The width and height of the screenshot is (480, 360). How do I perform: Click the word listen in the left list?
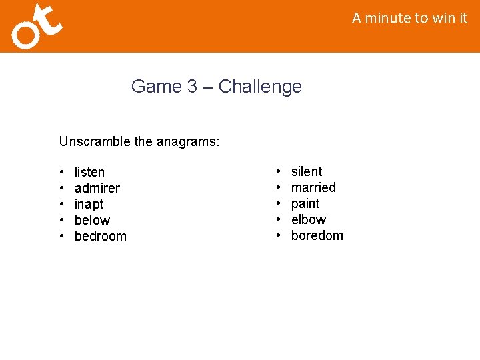tap(89, 172)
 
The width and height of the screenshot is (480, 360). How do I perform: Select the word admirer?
tap(97, 188)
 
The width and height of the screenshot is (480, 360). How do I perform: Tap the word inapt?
tap(89, 204)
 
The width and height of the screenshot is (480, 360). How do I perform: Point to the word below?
tap(92, 220)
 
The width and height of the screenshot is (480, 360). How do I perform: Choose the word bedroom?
tap(100, 236)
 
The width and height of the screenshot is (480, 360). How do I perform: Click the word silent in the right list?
tap(307, 171)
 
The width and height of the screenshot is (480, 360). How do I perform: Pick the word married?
tap(313, 187)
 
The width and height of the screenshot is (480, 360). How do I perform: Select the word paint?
tap(305, 203)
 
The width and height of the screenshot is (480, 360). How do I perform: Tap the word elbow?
tap(309, 219)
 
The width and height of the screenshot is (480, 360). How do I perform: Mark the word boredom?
tap(317, 235)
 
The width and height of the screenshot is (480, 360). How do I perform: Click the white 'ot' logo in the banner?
tap(37, 27)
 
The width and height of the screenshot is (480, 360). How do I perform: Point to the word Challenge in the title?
tap(260, 87)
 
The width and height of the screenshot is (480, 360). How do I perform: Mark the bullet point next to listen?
tap(62, 173)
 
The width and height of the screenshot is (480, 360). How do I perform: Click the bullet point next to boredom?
tap(279, 236)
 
